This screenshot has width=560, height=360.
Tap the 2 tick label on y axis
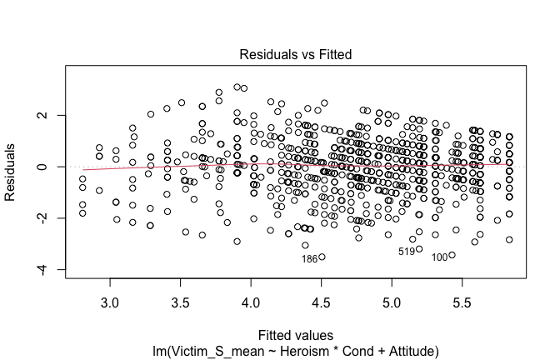pyautogui.click(x=39, y=116)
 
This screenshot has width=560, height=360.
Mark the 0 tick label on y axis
pyautogui.click(x=39, y=167)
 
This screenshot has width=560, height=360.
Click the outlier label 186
pyautogui.click(x=309, y=258)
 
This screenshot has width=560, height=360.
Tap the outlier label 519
pyautogui.click(x=407, y=251)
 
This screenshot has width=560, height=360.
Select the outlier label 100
pyautogui.click(x=440, y=257)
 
